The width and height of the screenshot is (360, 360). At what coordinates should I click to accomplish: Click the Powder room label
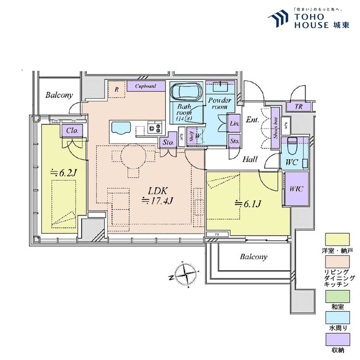219,104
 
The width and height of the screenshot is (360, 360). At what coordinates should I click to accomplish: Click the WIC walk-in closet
296,189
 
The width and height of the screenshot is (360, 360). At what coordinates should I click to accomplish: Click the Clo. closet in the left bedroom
72,131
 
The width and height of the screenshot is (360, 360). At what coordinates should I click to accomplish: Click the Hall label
250,159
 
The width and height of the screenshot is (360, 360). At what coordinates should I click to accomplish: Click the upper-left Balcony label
59,95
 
